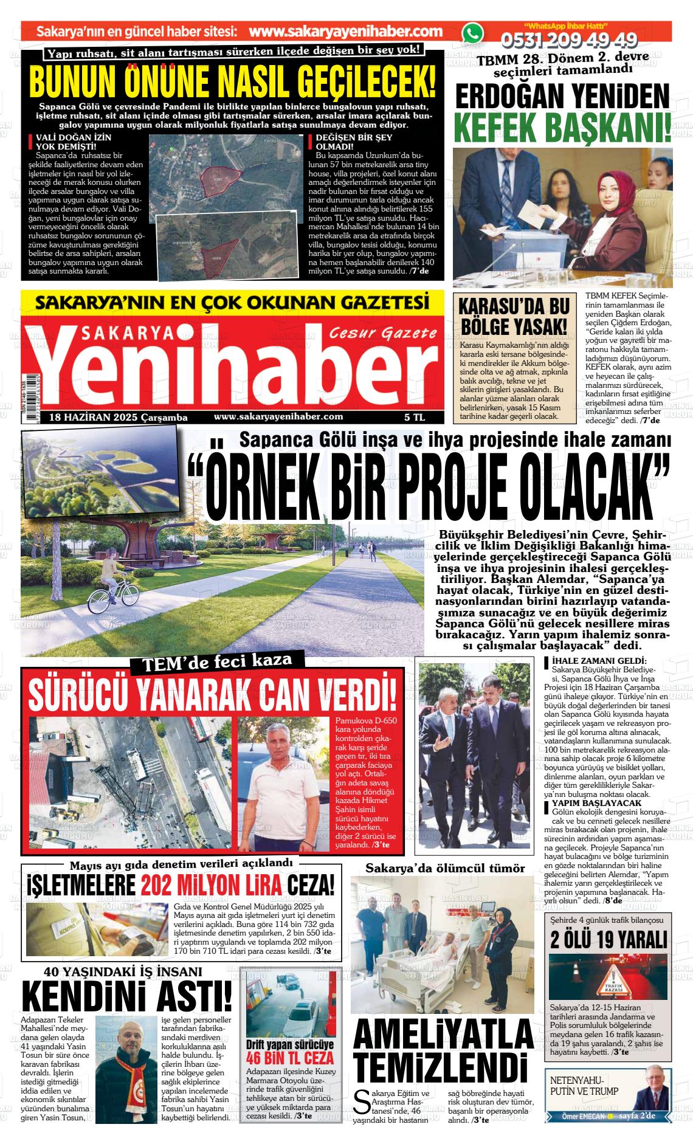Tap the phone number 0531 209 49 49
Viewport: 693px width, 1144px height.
pos(568,40)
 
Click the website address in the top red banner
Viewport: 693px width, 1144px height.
pos(345,32)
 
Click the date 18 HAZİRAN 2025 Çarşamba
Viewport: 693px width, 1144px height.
pos(118,418)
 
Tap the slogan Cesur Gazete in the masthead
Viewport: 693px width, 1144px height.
pos(383,333)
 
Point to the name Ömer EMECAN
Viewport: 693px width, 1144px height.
pos(582,1117)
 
